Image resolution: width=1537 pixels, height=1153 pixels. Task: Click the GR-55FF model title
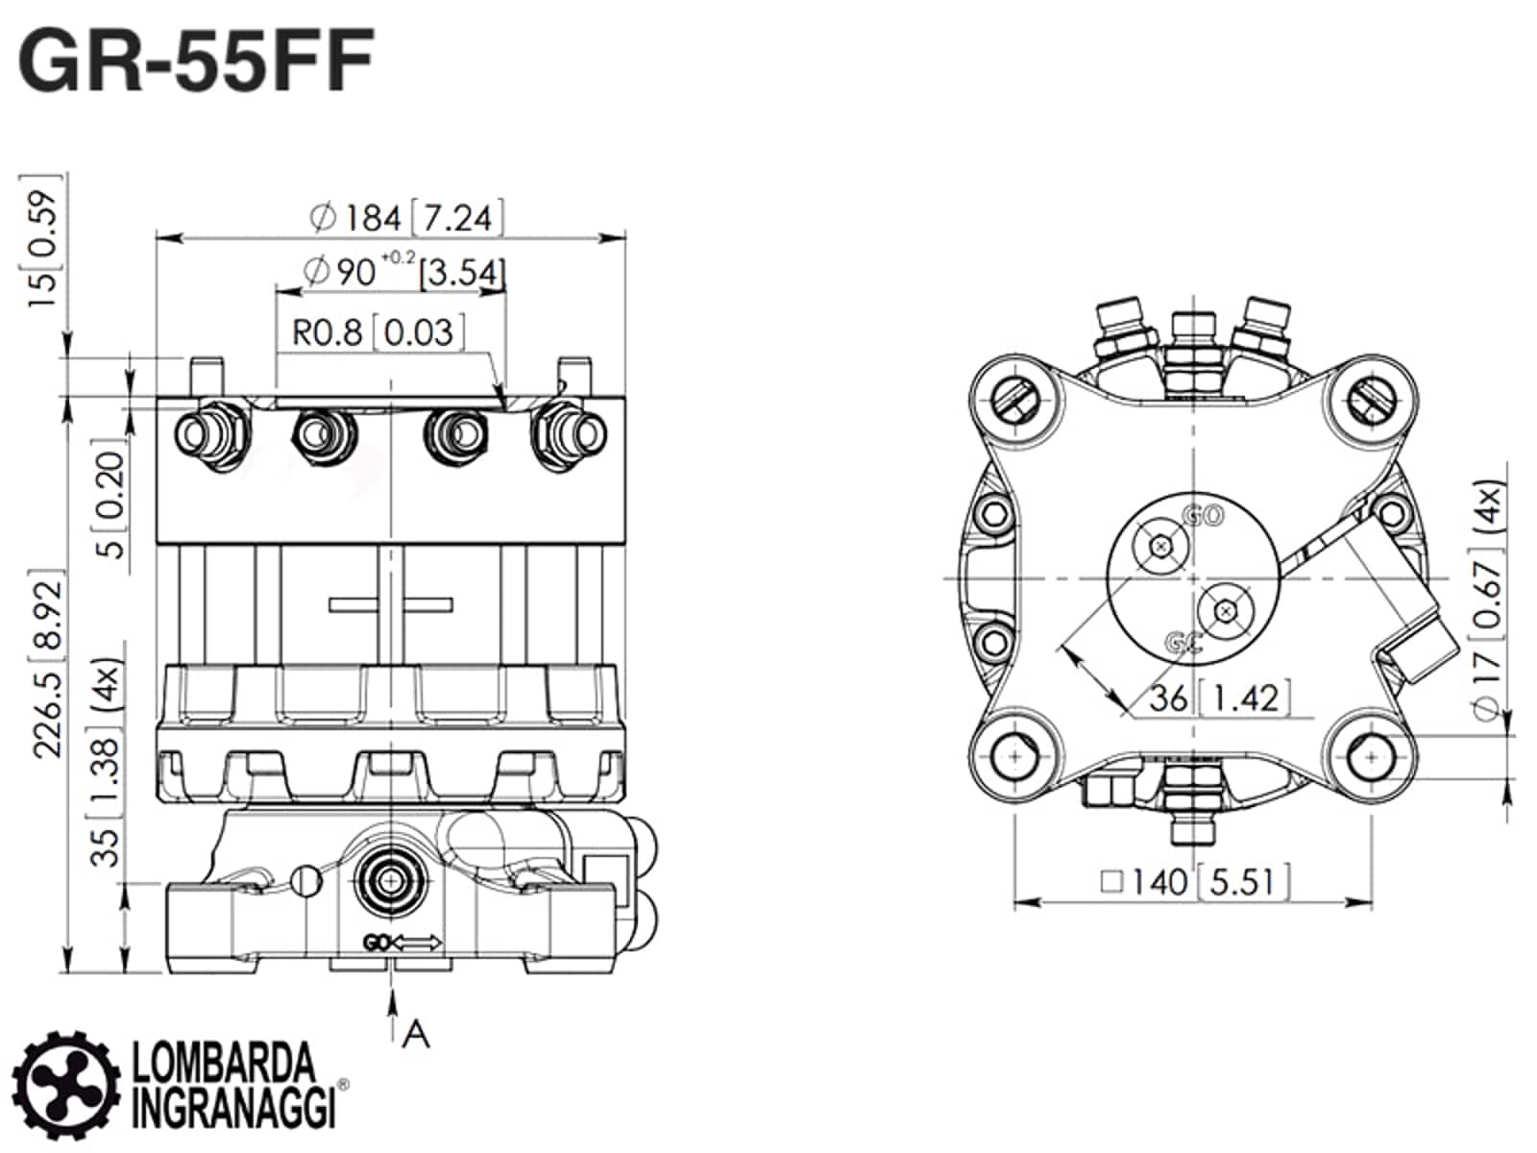click(195, 61)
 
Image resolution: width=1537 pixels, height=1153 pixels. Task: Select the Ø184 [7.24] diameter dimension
click(406, 217)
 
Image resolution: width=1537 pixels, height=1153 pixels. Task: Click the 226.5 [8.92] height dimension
click(48, 664)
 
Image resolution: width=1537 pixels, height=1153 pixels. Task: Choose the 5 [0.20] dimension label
click(110, 498)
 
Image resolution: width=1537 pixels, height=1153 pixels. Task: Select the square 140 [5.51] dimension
click(1195, 882)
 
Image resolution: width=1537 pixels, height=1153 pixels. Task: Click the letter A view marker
click(416, 1034)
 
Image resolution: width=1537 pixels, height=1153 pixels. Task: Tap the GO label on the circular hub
click(1204, 516)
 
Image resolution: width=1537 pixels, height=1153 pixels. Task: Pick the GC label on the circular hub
click(1184, 642)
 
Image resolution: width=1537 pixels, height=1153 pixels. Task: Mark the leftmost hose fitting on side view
click(213, 435)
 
